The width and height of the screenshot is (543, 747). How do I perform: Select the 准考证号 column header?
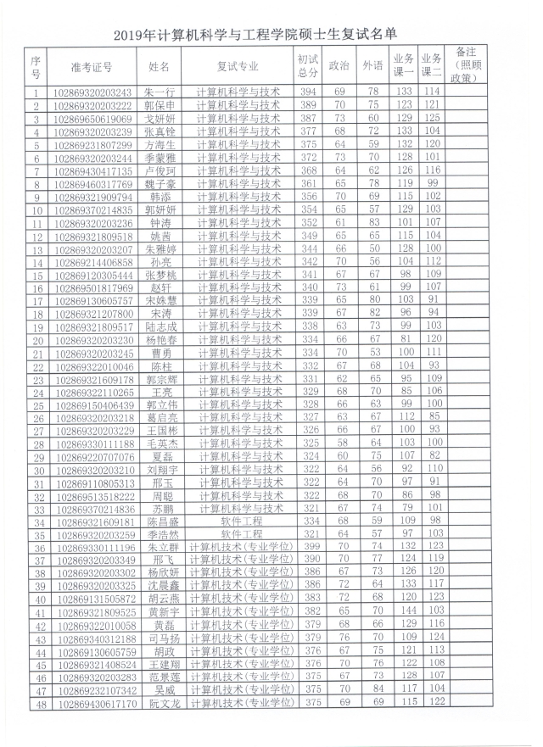pyautogui.click(x=92, y=65)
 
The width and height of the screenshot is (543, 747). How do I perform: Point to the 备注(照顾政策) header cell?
pyautogui.click(x=465, y=64)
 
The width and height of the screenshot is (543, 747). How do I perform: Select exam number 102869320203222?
pyautogui.click(x=92, y=105)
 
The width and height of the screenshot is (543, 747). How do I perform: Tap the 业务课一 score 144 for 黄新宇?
pyautogui.click(x=404, y=610)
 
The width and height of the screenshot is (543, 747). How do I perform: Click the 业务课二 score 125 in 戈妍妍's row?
pyautogui.click(x=433, y=119)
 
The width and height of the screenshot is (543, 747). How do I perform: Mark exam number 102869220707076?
pyautogui.click(x=92, y=456)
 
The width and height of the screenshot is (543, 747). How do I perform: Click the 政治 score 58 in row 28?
pyautogui.click(x=339, y=443)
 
